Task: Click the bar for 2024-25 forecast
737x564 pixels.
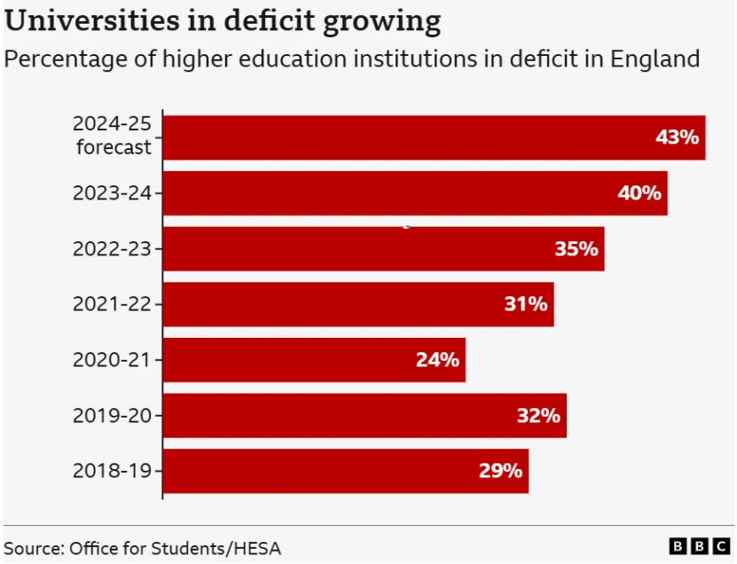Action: point(434,137)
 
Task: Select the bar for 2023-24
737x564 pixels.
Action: point(415,193)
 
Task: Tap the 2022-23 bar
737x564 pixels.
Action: point(383,249)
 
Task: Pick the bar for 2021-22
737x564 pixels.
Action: point(358,304)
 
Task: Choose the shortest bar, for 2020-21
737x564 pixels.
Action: point(314,360)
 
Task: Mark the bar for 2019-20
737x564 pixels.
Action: point(365,416)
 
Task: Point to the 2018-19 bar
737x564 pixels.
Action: point(346,471)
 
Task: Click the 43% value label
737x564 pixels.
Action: point(678,137)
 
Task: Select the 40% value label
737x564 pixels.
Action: point(639,193)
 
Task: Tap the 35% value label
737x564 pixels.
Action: point(576,249)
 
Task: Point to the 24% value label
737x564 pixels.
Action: point(437,360)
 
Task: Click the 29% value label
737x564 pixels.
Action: point(500,471)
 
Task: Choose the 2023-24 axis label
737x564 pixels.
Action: point(113,193)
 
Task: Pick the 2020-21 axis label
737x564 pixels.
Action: point(113,360)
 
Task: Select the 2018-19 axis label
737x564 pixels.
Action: point(113,471)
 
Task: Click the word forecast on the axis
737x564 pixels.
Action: point(114,148)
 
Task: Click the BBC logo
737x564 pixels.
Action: point(699,546)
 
